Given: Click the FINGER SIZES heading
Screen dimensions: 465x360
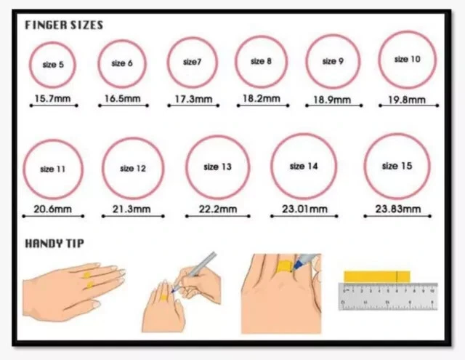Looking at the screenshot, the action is tap(64, 25).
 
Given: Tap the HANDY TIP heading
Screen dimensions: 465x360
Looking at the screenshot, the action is tap(54, 244).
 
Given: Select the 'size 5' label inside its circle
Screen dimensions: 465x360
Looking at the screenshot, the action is tap(53, 65).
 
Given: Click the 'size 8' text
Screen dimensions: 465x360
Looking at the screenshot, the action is tap(261, 61).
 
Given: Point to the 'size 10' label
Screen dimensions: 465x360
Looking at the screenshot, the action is tap(407, 60).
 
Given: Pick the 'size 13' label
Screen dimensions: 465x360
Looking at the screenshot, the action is tap(217, 167).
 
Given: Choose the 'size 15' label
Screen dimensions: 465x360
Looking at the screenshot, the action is tap(397, 166).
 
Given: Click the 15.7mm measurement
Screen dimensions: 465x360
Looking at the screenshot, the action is tap(52, 98).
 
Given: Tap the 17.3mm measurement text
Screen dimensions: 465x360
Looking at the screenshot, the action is tap(193, 99).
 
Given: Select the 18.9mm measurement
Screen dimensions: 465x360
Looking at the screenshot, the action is tap(332, 100).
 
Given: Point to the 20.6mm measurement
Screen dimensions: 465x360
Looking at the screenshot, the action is tap(52, 209).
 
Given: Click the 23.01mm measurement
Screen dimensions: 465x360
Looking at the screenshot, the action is tap(304, 209).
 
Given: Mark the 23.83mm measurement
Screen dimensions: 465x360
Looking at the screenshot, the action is tap(398, 209).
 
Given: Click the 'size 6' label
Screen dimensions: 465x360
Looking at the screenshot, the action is tap(122, 63).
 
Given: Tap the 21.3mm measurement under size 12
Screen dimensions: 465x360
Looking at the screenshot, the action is tap(132, 209).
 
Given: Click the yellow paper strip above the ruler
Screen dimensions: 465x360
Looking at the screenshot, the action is tap(377, 276).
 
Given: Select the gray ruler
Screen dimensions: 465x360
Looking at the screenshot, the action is tap(388, 297).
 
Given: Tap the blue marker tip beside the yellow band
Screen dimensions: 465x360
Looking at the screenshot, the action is tap(297, 263).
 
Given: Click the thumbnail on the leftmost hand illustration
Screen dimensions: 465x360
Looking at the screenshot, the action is tap(96, 304).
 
